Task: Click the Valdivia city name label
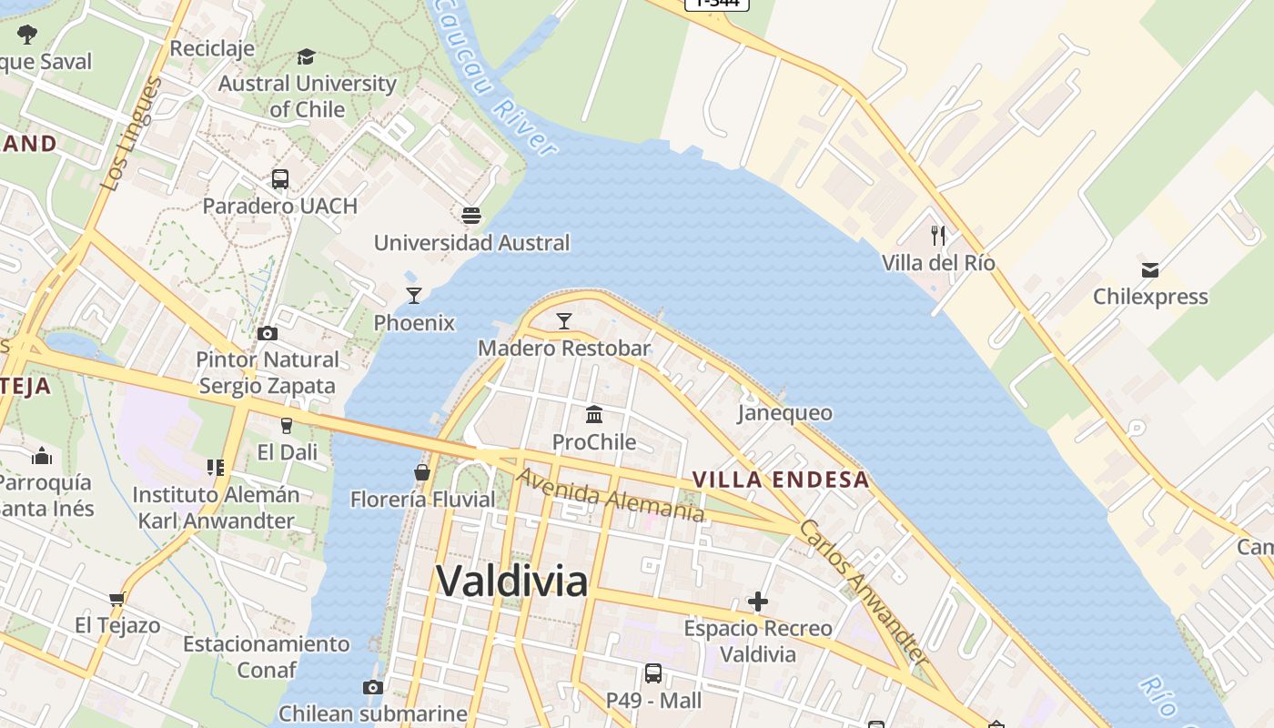511,581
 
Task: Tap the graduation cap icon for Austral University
306,56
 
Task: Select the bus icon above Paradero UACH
279,179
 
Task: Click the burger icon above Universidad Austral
470,216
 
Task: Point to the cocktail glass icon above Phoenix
414,295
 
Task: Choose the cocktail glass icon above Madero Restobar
564,320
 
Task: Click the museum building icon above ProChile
594,415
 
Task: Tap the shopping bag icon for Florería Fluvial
422,472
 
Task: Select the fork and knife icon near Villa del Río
938,236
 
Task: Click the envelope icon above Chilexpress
1150,269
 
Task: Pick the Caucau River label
496,77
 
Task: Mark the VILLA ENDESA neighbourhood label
781,480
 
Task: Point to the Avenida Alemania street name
611,496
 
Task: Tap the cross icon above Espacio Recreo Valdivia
757,602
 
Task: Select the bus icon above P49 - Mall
653,673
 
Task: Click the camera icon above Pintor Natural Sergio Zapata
268,333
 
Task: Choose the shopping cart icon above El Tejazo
116,599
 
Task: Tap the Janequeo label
784,413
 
